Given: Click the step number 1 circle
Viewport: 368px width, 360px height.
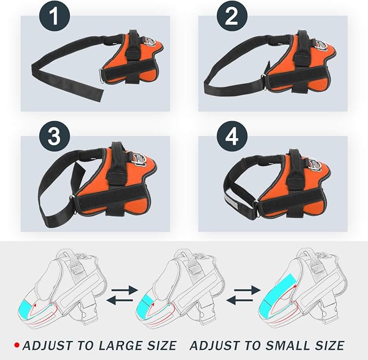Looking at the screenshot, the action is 54,16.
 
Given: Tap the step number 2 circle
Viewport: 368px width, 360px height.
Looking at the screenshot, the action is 232,16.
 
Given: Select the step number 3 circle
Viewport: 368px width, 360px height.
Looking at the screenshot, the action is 54,136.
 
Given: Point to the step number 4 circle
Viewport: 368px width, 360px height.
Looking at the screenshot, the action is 232,136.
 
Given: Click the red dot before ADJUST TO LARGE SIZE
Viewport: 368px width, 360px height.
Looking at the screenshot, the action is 17,345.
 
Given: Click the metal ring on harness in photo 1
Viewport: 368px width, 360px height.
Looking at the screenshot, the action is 102,75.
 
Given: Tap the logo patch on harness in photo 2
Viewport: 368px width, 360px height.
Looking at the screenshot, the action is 321,45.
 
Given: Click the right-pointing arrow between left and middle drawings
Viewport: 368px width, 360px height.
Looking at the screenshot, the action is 125,290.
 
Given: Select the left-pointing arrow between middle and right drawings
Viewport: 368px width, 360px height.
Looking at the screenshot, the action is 240,300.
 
